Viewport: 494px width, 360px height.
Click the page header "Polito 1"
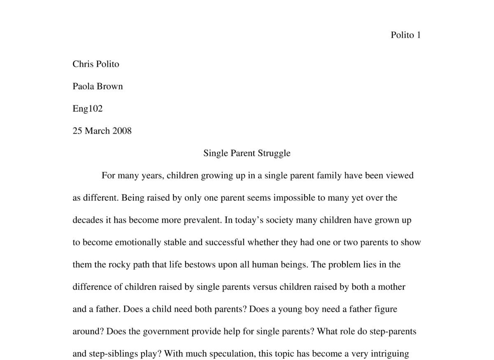[x=405, y=35]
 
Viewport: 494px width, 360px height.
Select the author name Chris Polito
[x=96, y=64]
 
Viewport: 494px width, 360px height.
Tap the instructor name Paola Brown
[x=98, y=86]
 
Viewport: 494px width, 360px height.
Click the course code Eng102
[x=87, y=109]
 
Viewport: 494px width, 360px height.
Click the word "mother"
[x=391, y=287]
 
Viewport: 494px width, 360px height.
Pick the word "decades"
[x=88, y=220]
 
